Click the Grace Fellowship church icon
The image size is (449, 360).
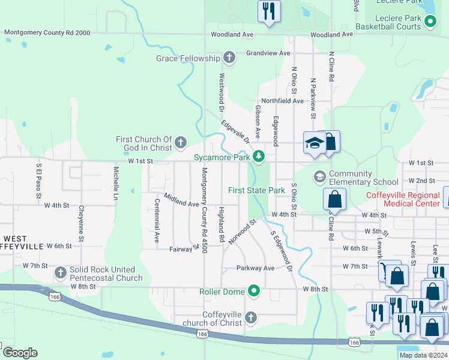point(229,58)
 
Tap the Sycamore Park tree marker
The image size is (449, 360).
point(259,157)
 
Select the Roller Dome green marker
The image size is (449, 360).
point(254,292)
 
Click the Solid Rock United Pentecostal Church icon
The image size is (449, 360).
point(60,273)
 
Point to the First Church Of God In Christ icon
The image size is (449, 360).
point(181,143)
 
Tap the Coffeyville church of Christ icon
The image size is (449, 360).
point(251,317)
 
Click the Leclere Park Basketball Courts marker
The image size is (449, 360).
point(430,22)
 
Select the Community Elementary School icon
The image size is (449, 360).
point(320,176)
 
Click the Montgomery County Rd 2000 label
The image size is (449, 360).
point(47,33)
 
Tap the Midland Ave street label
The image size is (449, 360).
point(181,200)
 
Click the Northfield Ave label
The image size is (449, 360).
point(282,101)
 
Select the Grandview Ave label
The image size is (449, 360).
point(268,53)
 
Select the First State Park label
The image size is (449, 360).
point(256,190)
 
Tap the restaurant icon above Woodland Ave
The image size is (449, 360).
point(268,11)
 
